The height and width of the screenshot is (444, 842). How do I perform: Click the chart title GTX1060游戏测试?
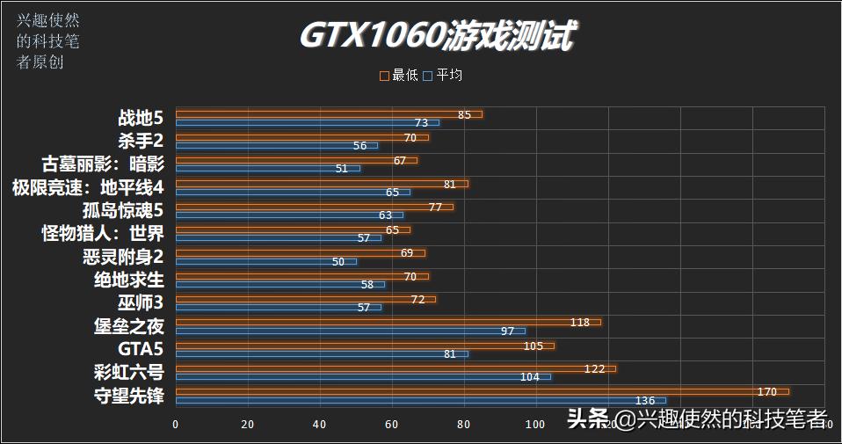438,37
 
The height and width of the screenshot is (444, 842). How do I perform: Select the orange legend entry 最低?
399,76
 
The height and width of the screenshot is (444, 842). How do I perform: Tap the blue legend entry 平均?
443,76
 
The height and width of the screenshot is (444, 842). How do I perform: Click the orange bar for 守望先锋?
482,391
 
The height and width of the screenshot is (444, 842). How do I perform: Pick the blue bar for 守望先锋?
420,400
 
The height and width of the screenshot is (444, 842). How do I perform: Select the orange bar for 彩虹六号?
396,368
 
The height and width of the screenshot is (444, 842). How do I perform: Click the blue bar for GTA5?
322,354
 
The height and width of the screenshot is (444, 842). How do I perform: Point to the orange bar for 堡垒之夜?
388,322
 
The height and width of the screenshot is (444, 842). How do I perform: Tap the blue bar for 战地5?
307,123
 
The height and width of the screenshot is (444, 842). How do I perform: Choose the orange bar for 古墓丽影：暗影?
296,160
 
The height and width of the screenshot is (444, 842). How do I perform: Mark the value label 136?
644,400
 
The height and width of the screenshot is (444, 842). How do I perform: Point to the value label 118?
580,322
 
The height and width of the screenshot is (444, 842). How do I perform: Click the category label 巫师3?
141,302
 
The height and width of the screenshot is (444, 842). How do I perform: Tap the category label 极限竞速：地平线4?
88,187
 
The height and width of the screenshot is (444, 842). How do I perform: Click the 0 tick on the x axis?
176,425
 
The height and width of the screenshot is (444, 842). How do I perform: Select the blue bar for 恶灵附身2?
265,262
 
